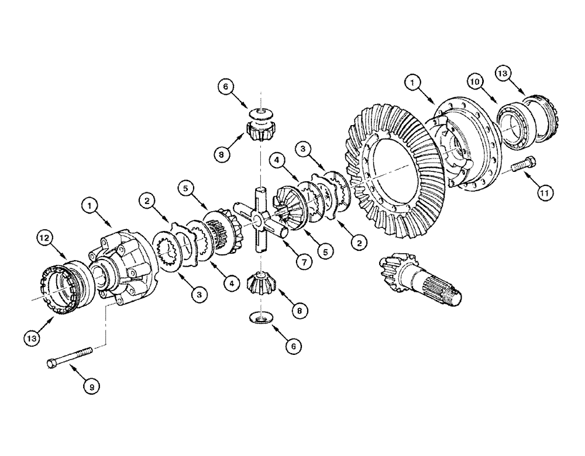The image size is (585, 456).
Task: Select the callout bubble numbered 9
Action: pyautogui.click(x=92, y=386)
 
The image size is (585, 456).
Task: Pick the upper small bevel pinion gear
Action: pyautogui.click(x=258, y=133)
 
